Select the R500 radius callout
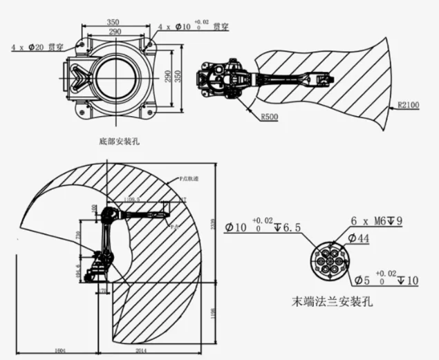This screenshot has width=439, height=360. click(x=270, y=117)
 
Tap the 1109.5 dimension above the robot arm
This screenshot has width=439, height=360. click(x=132, y=200)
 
